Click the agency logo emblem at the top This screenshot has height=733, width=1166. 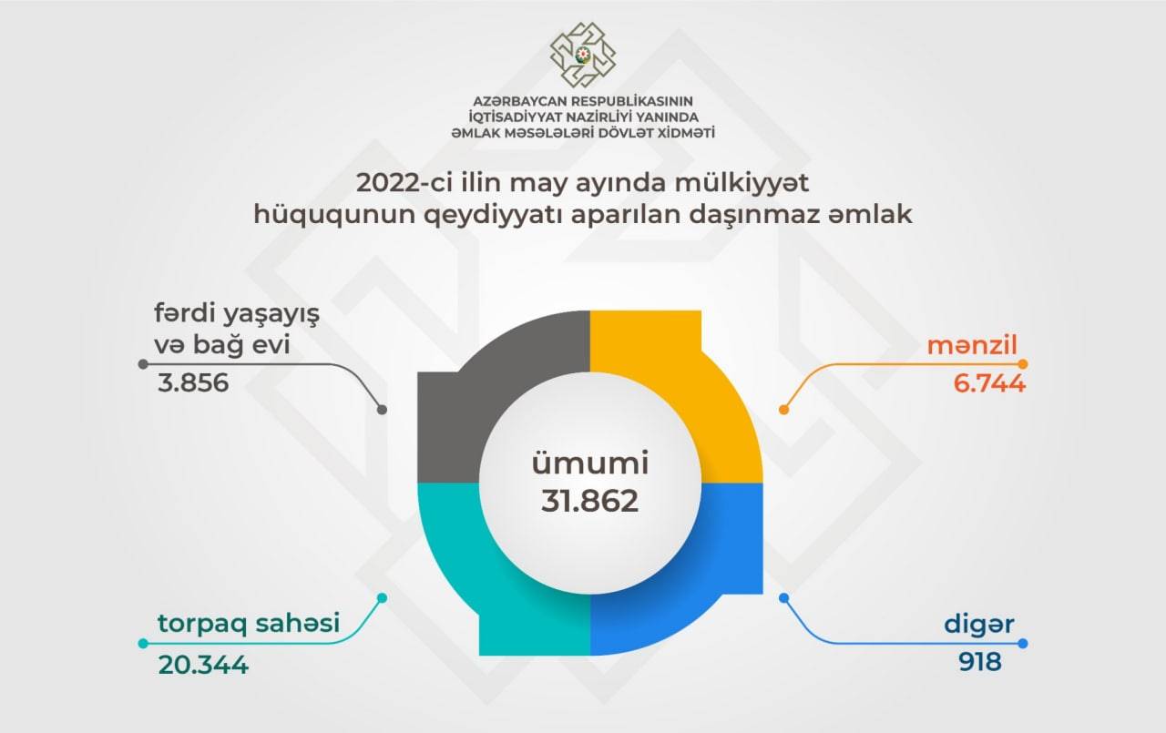(x=583, y=55)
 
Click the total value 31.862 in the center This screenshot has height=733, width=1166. (x=589, y=501)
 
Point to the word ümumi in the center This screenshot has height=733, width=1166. (x=590, y=463)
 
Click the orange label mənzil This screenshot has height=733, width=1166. (x=972, y=345)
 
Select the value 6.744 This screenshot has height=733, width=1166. (x=989, y=383)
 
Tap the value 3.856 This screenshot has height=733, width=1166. (x=193, y=382)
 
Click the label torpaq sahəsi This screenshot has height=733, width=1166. (x=249, y=623)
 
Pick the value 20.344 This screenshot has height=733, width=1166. (x=203, y=665)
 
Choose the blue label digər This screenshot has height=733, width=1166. (x=979, y=625)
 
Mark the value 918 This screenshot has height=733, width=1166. (x=979, y=662)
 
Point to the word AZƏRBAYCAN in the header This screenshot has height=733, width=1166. (x=520, y=101)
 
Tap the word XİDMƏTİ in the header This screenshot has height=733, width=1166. (x=686, y=133)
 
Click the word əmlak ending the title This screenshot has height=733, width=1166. (x=870, y=214)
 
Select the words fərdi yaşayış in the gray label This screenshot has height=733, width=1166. (x=237, y=314)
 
